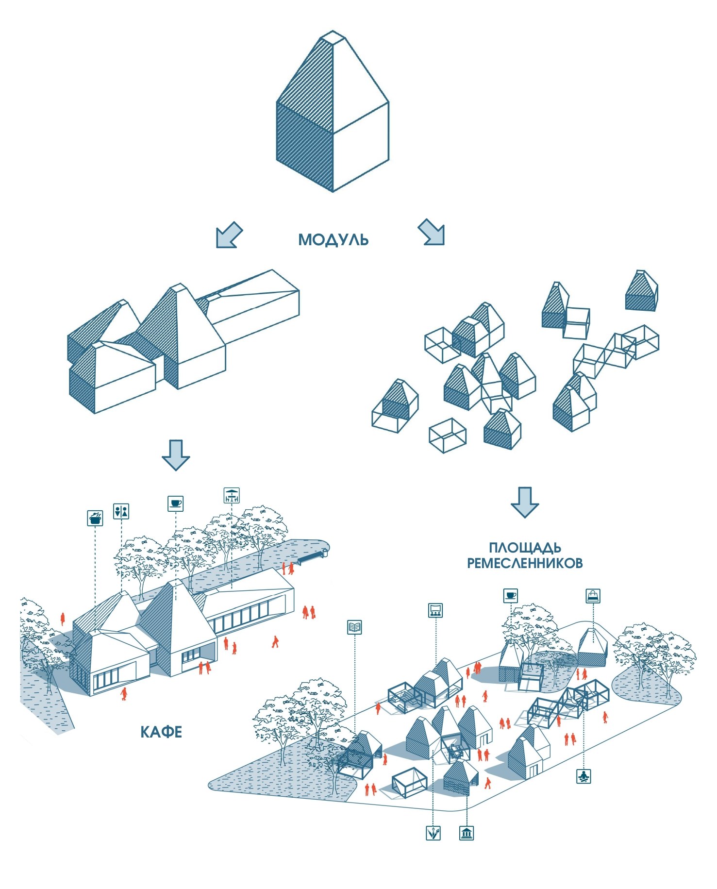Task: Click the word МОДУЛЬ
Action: pos(333,239)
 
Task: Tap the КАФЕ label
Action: pos(161,732)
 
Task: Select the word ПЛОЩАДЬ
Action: pos(525,548)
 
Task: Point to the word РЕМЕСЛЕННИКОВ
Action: pos(524,563)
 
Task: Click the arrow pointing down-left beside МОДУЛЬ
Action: pos(228,235)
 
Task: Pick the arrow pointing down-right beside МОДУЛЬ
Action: pos(432,232)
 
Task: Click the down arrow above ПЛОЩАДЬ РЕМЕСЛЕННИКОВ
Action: pos(524,502)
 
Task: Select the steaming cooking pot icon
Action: pos(95,518)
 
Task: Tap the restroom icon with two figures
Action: pos(121,511)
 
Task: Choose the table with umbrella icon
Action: pos(232,495)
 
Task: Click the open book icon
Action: pos(355,627)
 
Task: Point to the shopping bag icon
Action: pos(593,596)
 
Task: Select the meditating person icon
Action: pos(584,776)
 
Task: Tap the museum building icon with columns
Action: pos(466,833)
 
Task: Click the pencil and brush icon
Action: pos(433,833)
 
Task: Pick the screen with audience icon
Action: pos(435,610)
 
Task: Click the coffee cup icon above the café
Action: pos(175,503)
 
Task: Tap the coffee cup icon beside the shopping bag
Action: pos(510,595)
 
